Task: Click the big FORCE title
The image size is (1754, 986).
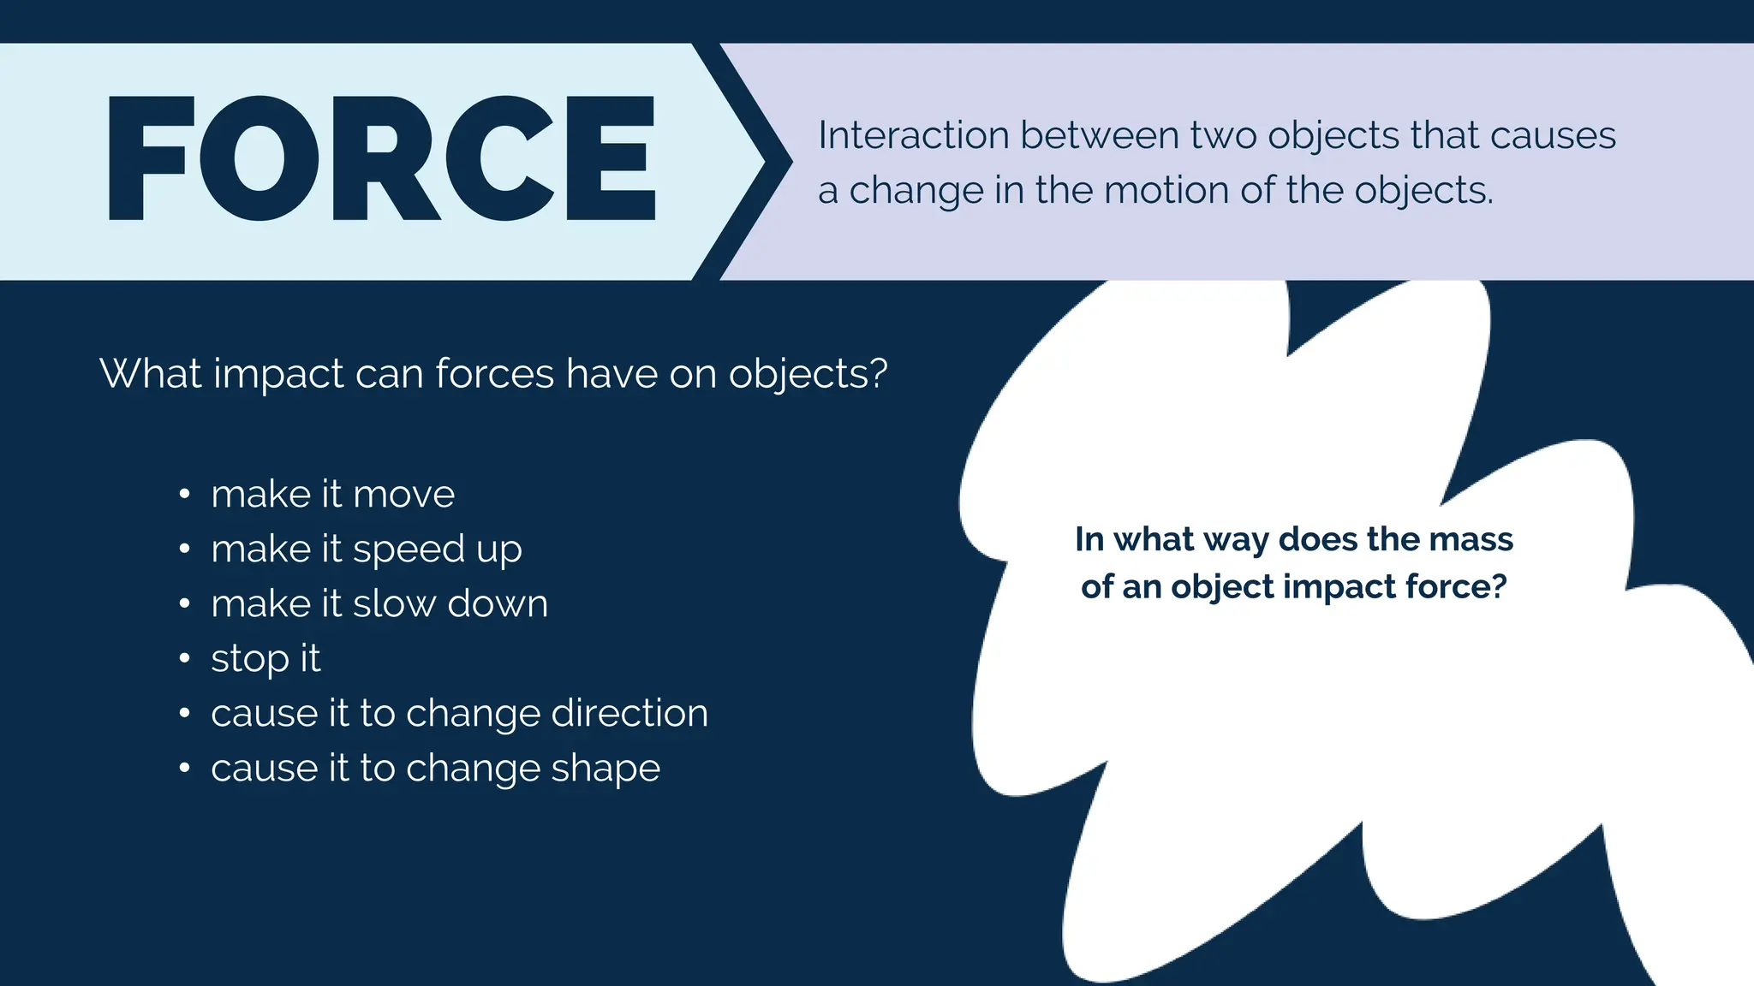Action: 381,159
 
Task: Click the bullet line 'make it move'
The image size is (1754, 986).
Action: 332,494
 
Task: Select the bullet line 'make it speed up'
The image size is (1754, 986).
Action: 366,549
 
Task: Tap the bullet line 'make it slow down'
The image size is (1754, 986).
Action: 379,603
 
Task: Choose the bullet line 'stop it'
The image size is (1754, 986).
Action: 265,658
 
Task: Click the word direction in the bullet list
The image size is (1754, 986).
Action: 629,713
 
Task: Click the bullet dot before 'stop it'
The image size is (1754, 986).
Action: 184,658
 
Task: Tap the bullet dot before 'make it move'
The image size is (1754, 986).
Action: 184,494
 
